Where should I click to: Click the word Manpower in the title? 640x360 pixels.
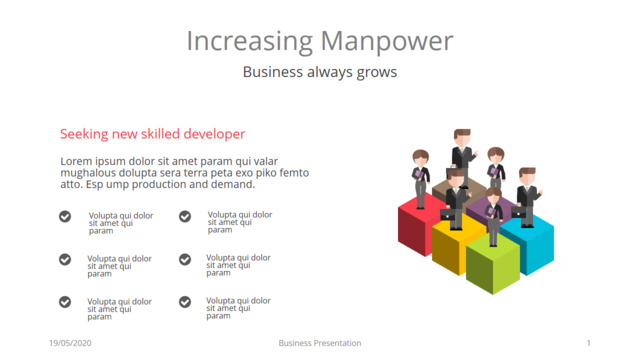387,42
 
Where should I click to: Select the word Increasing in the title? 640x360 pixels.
250,42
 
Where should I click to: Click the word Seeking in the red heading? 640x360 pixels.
84,134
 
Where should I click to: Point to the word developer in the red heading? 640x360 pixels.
214,134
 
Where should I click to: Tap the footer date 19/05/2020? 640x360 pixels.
70,343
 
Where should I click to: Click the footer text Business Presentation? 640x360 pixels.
320,343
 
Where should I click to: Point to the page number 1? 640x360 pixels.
589,343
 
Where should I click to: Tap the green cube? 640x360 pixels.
493,263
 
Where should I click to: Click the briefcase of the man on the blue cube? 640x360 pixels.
518,212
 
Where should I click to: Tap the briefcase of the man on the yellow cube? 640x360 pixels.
447,214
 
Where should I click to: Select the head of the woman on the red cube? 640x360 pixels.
420,158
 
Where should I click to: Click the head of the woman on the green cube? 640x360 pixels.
493,196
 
